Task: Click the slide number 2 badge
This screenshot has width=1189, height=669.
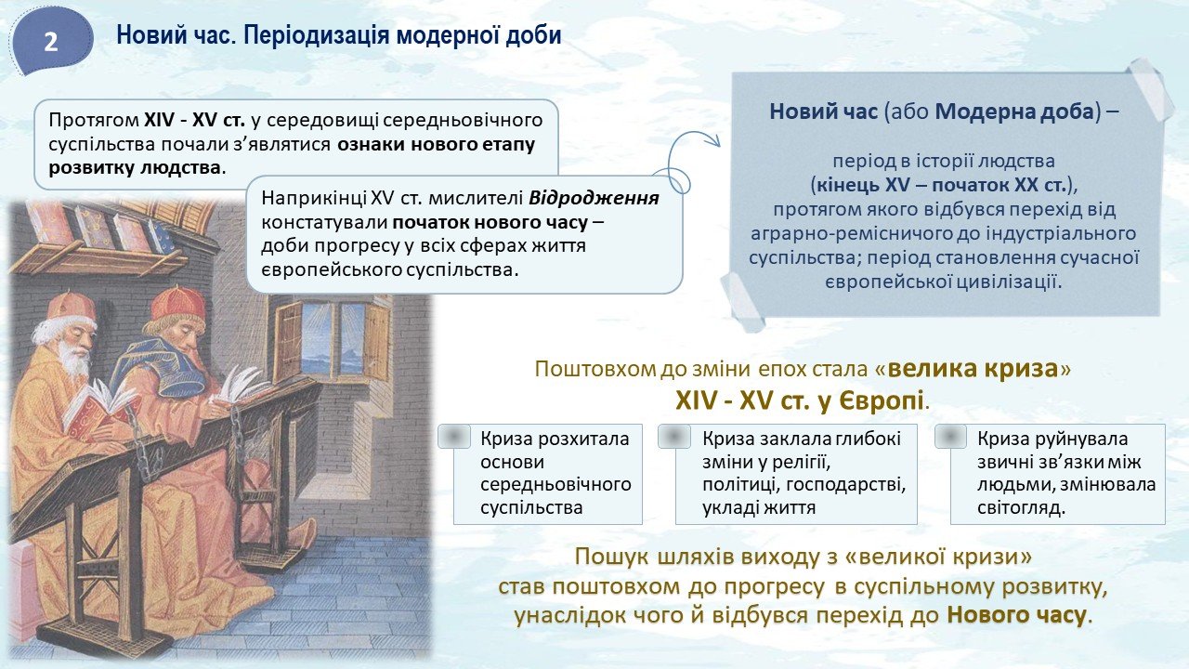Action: click(x=50, y=41)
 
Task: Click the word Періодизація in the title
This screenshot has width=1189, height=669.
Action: click(x=315, y=35)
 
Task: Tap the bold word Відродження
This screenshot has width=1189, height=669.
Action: click(x=594, y=198)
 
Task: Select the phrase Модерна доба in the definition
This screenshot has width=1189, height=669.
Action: click(x=1015, y=112)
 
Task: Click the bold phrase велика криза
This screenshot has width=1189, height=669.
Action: click(x=973, y=369)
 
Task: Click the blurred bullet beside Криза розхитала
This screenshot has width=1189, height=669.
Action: click(x=454, y=437)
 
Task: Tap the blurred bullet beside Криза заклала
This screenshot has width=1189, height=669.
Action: click(x=674, y=437)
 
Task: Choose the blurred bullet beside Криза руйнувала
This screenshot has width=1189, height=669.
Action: click(x=950, y=437)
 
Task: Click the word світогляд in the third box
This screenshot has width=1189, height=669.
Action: click(x=1021, y=507)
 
